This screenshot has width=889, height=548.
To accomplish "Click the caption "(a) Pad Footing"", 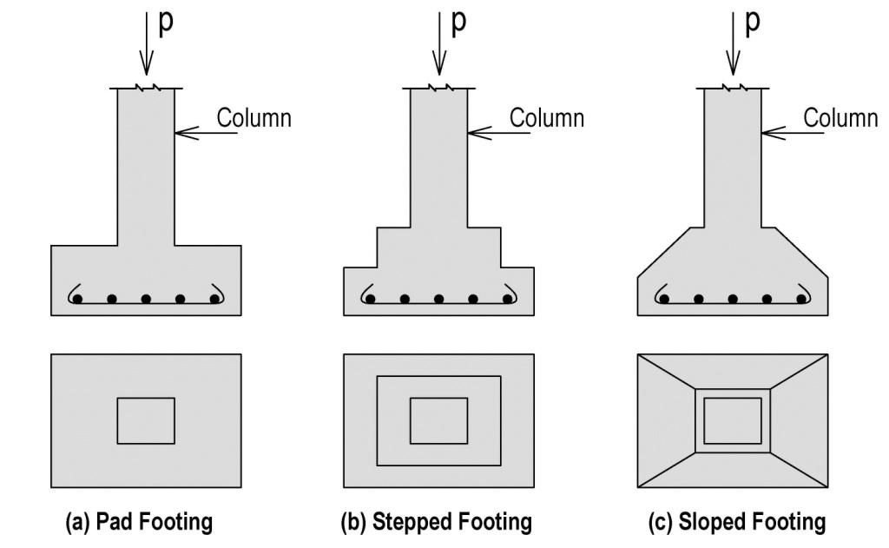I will click(139, 522).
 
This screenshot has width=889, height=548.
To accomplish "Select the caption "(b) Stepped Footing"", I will click(436, 522).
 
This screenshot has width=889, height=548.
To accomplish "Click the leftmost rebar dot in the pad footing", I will click(78, 300).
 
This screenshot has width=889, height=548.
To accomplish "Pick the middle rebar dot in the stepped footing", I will click(439, 300).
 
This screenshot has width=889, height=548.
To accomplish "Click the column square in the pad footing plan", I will click(146, 421).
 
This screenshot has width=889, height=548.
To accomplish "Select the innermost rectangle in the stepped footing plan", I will click(438, 421).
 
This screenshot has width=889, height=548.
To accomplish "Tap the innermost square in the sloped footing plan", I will click(733, 421).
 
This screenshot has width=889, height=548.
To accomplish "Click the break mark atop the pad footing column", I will click(146, 88).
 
